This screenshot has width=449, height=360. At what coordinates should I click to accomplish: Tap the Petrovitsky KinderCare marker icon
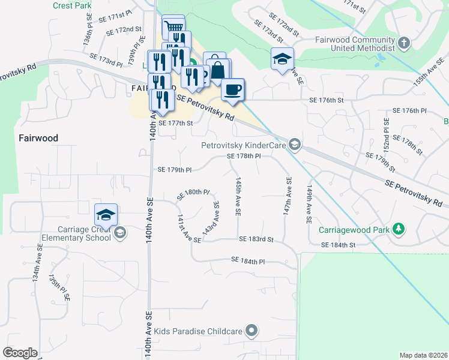pyautogui.click(x=294, y=145)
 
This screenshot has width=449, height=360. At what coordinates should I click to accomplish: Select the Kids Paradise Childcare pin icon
pyautogui.click(x=252, y=331)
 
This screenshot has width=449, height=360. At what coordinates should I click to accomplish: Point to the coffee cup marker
pyautogui.click(x=232, y=89)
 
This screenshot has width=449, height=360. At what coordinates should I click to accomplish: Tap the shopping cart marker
pyautogui.click(x=173, y=26)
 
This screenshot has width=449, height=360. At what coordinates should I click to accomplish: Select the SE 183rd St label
pyautogui.click(x=256, y=239)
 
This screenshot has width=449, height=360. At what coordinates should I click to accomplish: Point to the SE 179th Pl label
pyautogui.click(x=174, y=170)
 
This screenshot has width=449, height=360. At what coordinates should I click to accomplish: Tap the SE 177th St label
pyautogui.click(x=174, y=123)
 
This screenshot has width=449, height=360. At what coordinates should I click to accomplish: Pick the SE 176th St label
pyautogui.click(x=326, y=100)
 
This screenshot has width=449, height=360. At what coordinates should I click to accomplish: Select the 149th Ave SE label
pyautogui.click(x=309, y=204)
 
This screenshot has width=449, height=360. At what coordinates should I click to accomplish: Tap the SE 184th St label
pyautogui.click(x=339, y=245)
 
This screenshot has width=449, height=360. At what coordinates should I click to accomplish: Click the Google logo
pyautogui.click(x=20, y=353)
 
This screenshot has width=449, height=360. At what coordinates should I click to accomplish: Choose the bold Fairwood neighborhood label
pyautogui.click(x=38, y=138)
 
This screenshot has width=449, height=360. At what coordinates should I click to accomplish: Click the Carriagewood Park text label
pyautogui.click(x=355, y=229)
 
